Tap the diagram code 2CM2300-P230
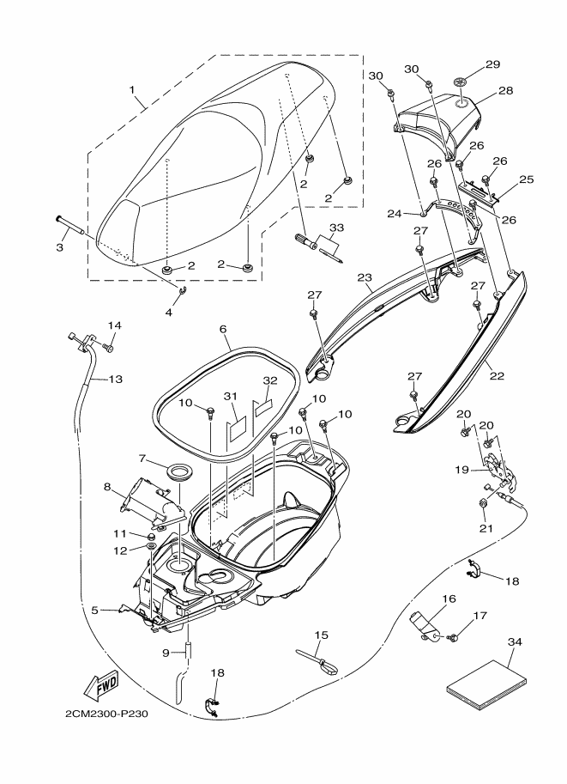[106, 714]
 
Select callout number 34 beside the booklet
[515, 641]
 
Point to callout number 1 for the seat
[132, 89]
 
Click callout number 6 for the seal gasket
[223, 329]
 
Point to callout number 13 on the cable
[115, 379]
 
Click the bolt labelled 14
[108, 346]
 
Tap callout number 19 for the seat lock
[462, 470]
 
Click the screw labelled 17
[454, 637]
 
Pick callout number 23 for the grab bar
[365, 277]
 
